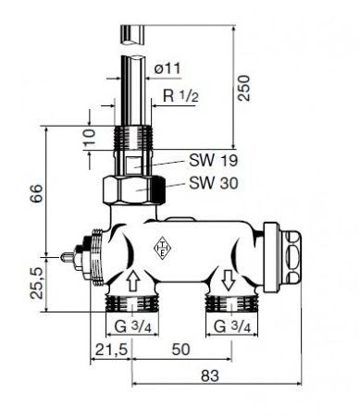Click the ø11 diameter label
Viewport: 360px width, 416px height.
(x=168, y=68)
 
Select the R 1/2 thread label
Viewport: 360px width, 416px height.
(x=180, y=96)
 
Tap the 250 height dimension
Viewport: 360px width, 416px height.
(x=243, y=88)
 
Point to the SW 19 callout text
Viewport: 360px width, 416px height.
(x=214, y=160)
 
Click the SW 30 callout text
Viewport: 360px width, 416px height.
(x=214, y=183)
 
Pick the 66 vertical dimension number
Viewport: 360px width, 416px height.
(x=36, y=193)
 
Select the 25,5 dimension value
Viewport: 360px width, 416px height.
(x=37, y=283)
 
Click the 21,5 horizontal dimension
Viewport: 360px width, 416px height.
(x=111, y=349)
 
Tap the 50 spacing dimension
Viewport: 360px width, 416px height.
(x=181, y=349)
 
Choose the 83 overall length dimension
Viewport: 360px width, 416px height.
(x=210, y=375)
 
